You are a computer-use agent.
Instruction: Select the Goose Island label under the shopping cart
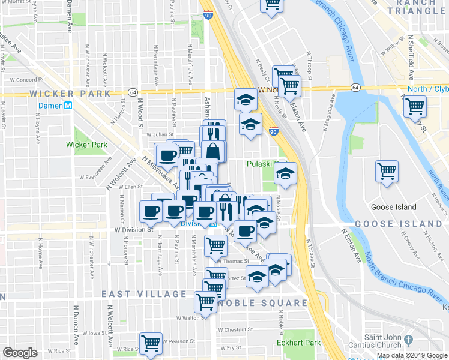click(394, 208)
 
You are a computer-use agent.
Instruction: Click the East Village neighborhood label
click(144, 294)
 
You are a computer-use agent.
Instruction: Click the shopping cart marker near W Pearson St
click(150, 343)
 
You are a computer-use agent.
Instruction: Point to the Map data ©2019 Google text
click(411, 355)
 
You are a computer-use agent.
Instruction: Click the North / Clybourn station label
click(428, 89)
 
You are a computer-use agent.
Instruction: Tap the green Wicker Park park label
click(87, 145)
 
